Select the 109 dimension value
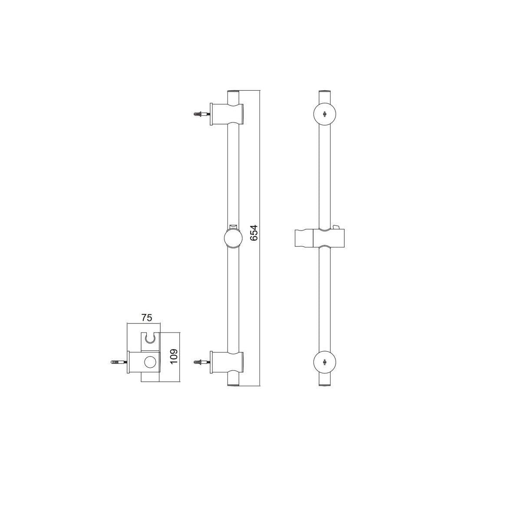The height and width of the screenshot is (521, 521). coord(175,356)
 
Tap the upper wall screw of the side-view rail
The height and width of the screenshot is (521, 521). coord(202,114)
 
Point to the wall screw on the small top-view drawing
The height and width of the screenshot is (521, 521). coord(119,362)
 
